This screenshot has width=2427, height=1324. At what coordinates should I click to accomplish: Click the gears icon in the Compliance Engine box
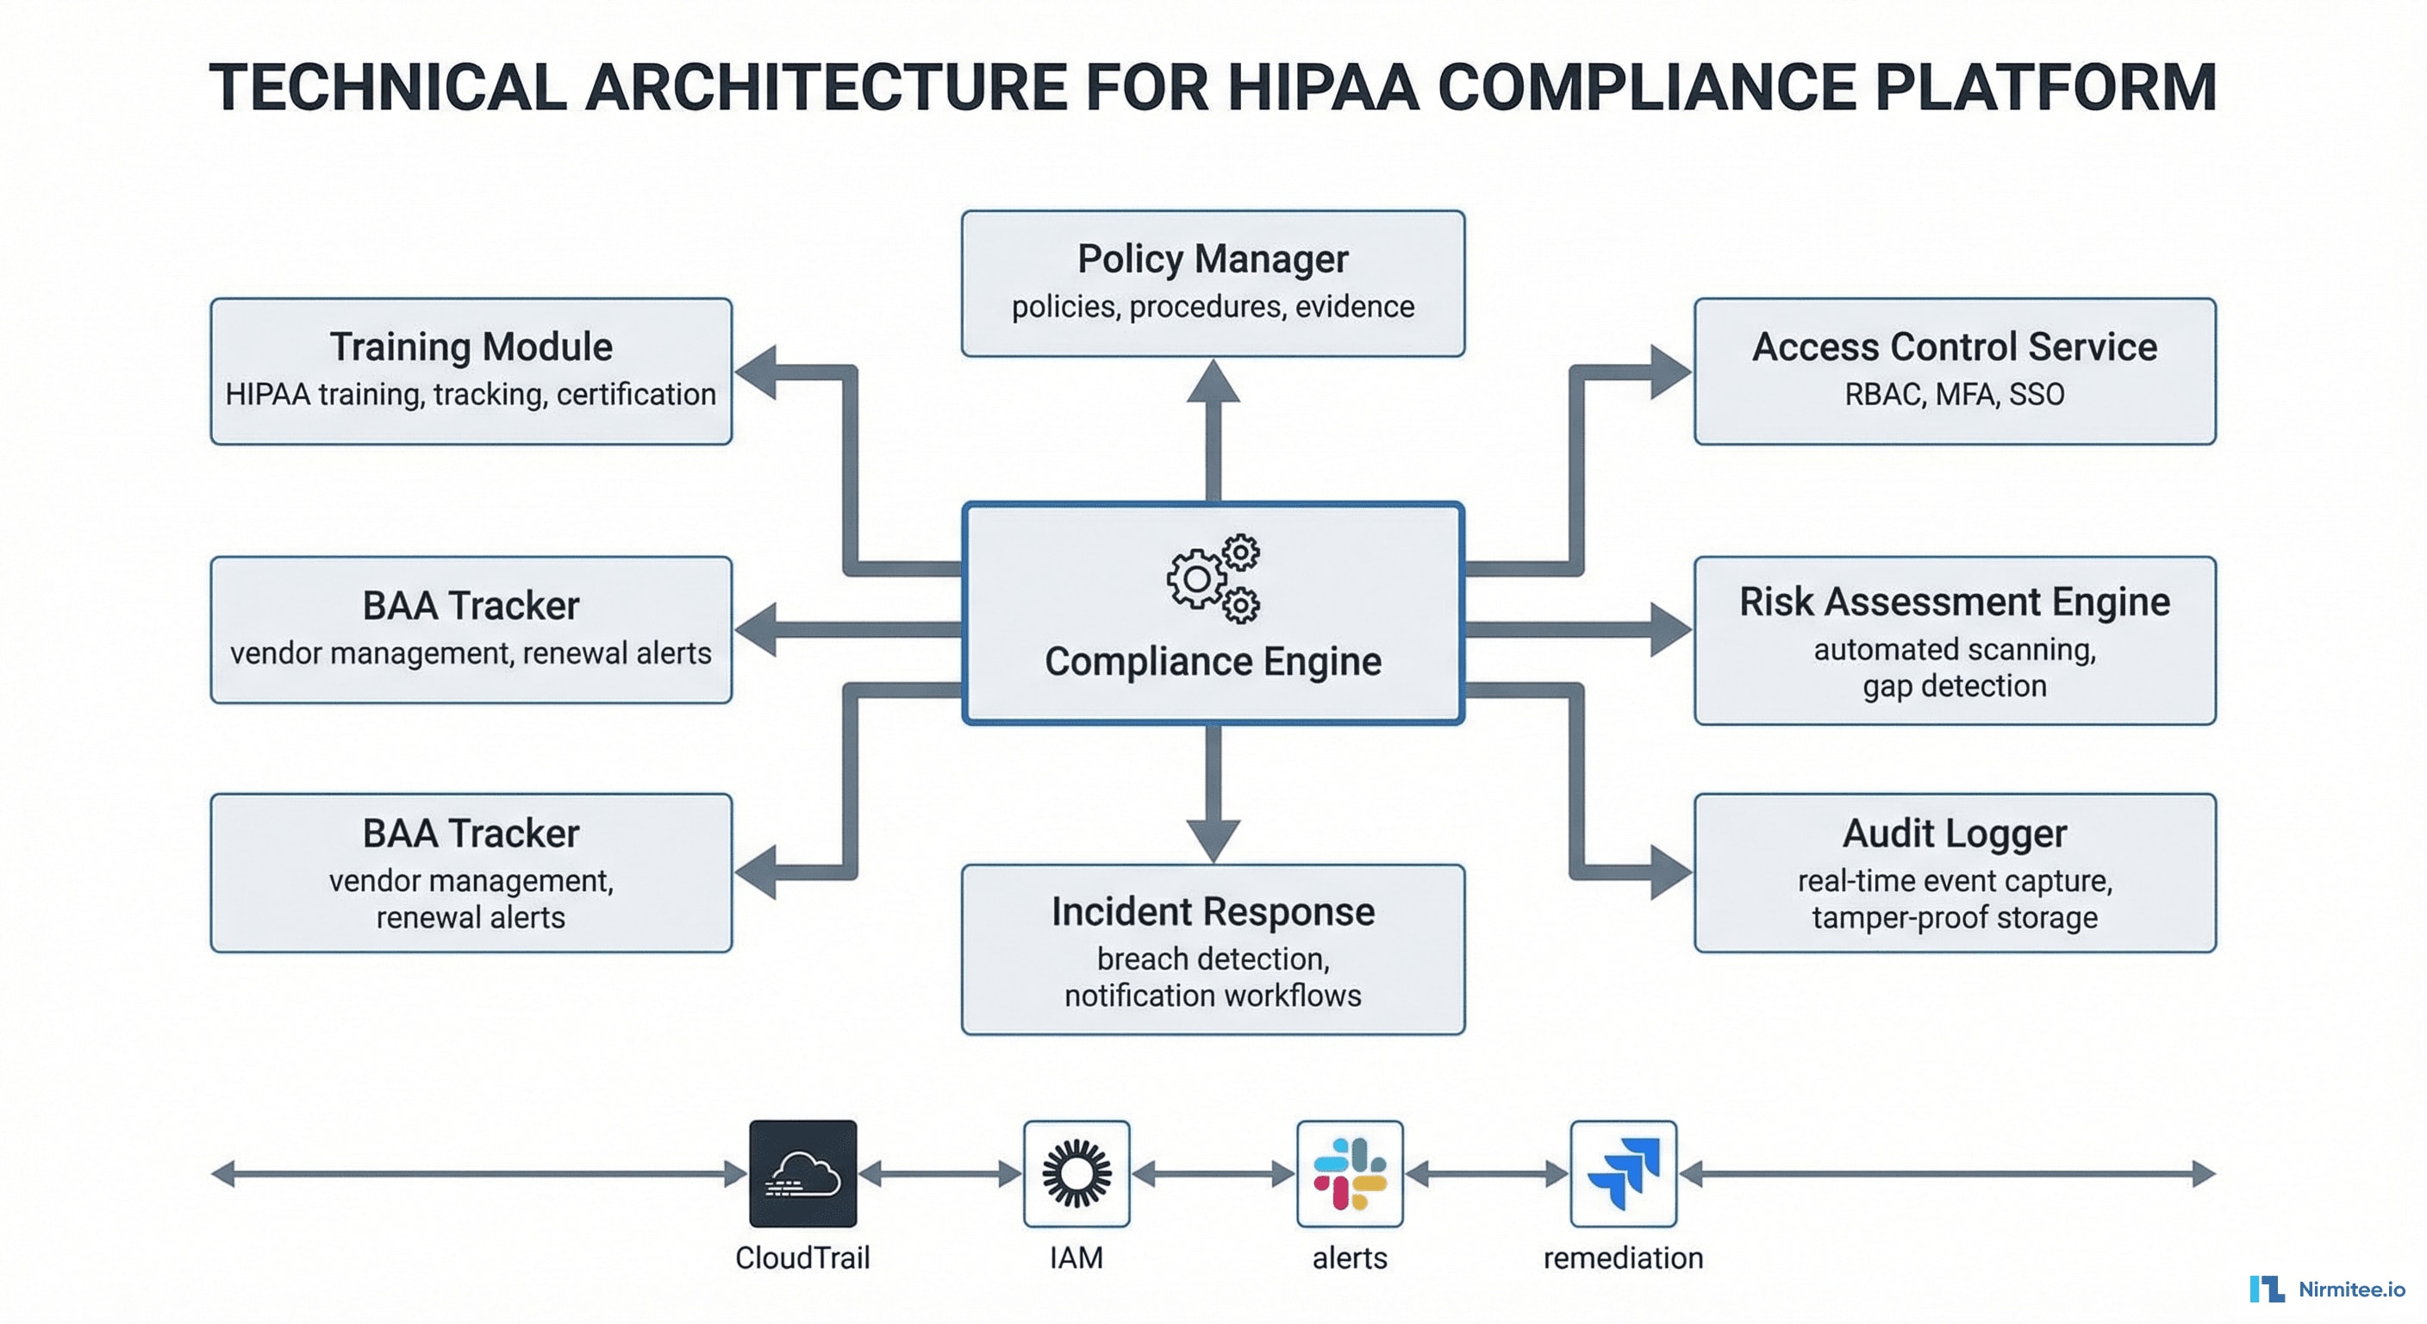1213,578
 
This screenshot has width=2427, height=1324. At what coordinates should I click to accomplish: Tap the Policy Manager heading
1213,259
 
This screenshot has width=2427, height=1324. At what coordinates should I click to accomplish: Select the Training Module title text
471,347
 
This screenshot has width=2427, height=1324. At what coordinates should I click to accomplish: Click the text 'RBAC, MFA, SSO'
1954,394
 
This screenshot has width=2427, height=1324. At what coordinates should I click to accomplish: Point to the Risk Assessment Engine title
1954,603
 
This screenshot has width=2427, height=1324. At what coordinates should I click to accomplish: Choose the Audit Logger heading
1954,833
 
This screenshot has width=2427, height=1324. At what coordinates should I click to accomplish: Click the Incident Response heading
1213,911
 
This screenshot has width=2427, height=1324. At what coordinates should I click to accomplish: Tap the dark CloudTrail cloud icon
802,1173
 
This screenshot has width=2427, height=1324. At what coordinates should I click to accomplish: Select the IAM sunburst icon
1076,1173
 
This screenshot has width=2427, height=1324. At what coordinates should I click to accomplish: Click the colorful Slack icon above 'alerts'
1349,1173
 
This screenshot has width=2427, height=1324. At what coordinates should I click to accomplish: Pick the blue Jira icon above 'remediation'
1622,1173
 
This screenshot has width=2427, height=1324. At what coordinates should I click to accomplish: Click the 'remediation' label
1622,1258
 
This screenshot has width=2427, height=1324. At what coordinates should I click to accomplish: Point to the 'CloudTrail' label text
802,1258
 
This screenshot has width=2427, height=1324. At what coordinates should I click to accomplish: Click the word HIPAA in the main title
1323,88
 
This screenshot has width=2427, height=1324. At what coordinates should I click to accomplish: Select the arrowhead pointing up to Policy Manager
1213,383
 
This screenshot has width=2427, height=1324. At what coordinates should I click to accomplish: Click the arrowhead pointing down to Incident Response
1213,839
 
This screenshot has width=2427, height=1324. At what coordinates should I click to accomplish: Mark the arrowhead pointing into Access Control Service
1669,372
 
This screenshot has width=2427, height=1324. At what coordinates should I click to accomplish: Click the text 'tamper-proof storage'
1954,917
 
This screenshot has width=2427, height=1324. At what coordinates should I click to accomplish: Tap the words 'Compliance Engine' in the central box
1213,661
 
